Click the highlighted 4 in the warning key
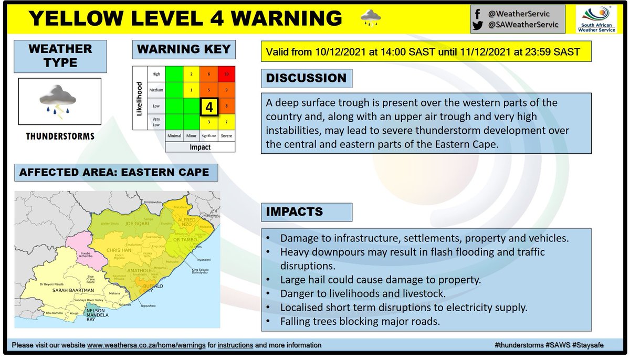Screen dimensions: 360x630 [208, 107]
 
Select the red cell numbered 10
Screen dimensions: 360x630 [226, 75]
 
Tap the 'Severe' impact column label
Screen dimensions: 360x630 [226, 136]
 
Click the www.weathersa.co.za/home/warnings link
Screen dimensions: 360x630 [146, 345]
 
